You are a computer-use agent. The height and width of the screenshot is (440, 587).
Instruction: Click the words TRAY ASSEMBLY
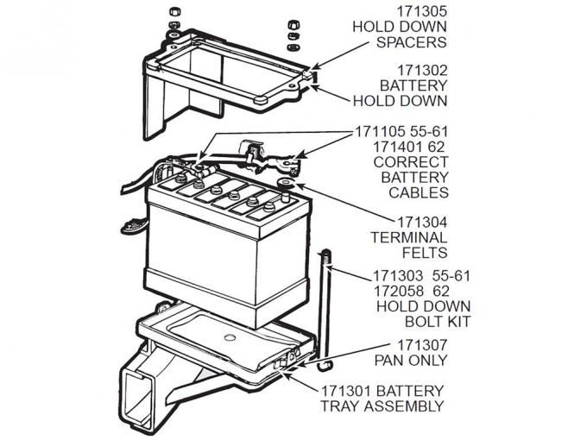point(384,405)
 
